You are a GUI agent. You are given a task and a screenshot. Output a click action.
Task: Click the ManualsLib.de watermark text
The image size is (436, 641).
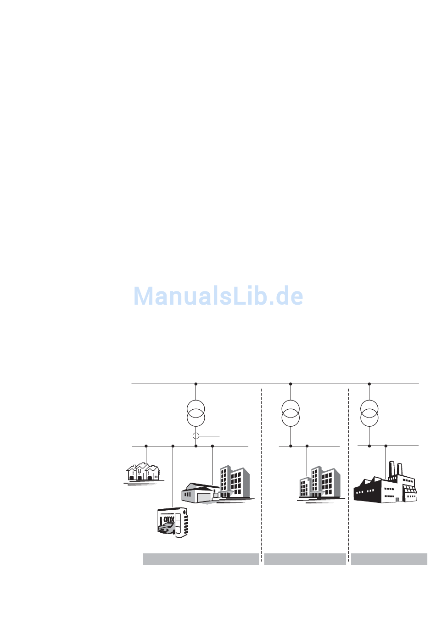[x=218, y=296]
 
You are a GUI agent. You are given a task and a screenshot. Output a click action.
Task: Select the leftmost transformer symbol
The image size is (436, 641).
[x=196, y=413]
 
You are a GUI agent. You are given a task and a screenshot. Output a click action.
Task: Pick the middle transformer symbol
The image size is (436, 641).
[x=291, y=413]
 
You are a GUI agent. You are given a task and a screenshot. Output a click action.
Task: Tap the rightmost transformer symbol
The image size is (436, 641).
[x=369, y=413]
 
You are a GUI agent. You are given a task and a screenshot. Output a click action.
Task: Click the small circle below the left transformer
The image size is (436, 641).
[x=196, y=435]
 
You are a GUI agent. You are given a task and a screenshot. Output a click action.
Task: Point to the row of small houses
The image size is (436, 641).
[x=143, y=472]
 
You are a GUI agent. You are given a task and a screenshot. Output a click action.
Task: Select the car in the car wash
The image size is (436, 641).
[x=166, y=528]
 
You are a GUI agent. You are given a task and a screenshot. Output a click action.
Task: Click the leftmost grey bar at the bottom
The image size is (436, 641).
[x=201, y=559]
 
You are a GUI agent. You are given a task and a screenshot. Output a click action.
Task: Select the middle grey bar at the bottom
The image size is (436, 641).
[x=305, y=559]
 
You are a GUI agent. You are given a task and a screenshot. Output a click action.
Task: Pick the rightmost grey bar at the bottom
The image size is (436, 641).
[x=389, y=559]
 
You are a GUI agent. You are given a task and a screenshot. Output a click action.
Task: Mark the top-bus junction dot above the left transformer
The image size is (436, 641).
[x=196, y=384]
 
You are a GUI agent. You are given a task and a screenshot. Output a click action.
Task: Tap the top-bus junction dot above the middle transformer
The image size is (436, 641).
[x=291, y=384]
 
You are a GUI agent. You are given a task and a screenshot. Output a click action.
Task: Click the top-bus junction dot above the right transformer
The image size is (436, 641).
[x=369, y=384]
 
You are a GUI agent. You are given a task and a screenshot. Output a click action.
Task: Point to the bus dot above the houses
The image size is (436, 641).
[x=146, y=446]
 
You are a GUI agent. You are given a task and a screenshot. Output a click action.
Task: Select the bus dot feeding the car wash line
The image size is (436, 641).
[x=173, y=446]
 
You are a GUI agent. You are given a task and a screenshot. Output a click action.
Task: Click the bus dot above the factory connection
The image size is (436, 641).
[x=386, y=446]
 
